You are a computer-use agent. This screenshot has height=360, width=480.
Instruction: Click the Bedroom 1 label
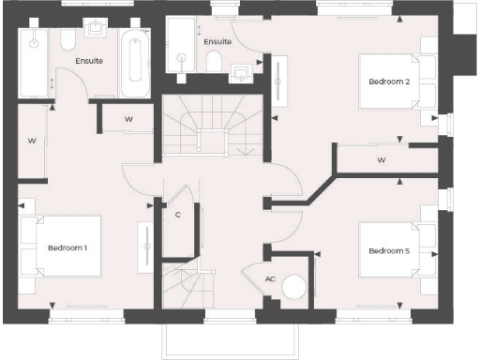point(67,247)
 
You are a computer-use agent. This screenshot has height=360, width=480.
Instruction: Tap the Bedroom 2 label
point(388,82)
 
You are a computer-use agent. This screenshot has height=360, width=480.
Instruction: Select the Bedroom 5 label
point(388,250)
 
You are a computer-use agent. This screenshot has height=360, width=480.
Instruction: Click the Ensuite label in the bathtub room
point(90,61)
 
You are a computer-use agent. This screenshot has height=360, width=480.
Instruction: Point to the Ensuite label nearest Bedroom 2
point(217,42)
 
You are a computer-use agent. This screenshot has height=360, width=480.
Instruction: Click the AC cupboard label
point(270,279)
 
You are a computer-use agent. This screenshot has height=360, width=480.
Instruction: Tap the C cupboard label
point(178,215)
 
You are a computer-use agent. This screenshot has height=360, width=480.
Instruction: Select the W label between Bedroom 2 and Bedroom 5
point(382,160)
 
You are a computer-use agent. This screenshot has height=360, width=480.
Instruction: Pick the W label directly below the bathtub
point(128,119)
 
